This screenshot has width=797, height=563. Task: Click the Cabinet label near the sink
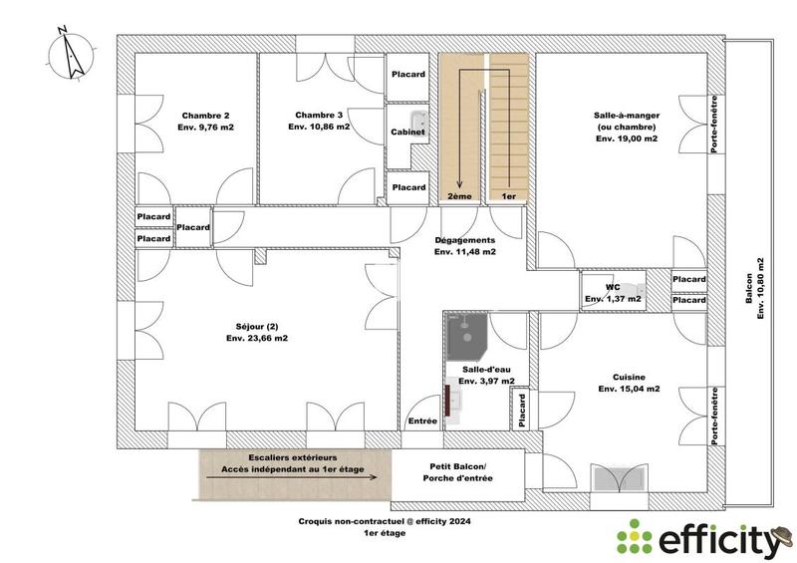coord(408,132)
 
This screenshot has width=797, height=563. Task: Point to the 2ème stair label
coord(459,198)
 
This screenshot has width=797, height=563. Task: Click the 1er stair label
coord(508,198)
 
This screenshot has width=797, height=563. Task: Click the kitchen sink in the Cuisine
coord(619,477)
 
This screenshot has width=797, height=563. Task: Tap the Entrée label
coord(423,422)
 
